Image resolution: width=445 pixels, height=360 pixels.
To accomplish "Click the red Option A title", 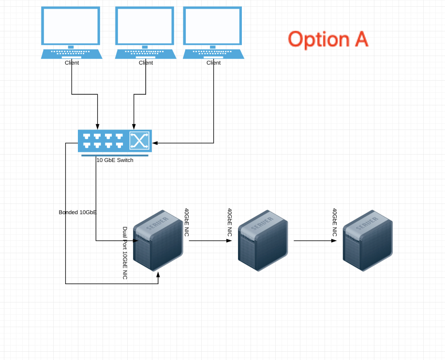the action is point(328,40).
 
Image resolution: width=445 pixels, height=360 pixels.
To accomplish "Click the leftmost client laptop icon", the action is point(72,33).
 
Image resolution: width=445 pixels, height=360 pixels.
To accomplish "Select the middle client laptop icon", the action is point(146,33).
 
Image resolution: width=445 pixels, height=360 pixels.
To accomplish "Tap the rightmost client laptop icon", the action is point(213,33).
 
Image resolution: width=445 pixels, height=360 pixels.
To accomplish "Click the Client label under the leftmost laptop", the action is point(72,63).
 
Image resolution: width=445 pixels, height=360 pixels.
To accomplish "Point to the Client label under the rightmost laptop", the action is point(213,63).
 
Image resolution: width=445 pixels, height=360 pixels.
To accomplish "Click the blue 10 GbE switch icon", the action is point(115,143).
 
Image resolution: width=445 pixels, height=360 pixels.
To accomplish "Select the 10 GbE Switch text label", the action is point(115,160).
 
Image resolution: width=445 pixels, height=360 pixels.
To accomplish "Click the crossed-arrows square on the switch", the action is point(139,140).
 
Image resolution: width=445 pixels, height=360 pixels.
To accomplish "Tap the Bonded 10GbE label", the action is point(77,212).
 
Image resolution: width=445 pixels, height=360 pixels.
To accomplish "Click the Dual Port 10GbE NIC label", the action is point(125,253).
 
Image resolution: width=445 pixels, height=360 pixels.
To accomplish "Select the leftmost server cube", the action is point(158,240).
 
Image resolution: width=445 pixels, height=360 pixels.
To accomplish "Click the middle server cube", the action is point(263,240).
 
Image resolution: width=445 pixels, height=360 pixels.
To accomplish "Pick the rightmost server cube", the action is point(368,240).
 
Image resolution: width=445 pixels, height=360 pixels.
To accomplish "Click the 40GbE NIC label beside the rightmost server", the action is point(335,222).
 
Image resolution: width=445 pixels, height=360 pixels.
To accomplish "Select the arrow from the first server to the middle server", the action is point(210,241).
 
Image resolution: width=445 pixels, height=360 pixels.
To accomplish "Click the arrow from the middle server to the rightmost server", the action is point(315,241).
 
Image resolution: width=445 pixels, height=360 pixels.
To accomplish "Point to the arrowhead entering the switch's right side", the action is point(155,143).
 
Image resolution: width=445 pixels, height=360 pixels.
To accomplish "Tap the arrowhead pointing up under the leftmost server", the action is point(158,274).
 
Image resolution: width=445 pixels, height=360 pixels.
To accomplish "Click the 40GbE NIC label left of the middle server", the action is point(230,222).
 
